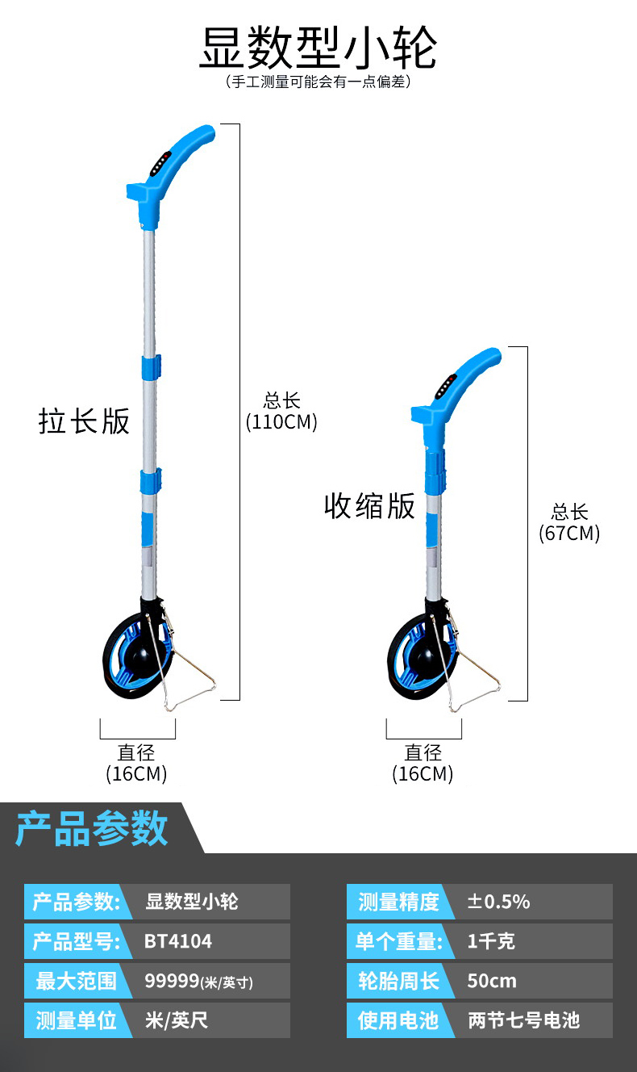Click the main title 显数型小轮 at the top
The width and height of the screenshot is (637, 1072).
(318, 48)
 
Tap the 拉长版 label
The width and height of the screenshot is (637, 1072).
(84, 421)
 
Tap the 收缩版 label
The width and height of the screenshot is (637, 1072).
(369, 506)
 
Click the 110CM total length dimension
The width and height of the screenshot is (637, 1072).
(281, 412)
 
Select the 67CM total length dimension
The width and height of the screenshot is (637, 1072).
(569, 522)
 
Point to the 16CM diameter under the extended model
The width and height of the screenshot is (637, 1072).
(136, 764)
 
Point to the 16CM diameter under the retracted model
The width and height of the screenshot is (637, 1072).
(423, 764)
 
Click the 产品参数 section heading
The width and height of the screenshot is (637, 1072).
(92, 828)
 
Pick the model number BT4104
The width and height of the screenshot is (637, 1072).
(178, 941)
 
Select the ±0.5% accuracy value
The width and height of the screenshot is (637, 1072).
(498, 902)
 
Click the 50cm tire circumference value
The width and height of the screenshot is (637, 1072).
(492, 981)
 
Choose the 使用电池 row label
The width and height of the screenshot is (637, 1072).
(398, 1020)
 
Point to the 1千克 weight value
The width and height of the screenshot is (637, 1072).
(491, 941)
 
